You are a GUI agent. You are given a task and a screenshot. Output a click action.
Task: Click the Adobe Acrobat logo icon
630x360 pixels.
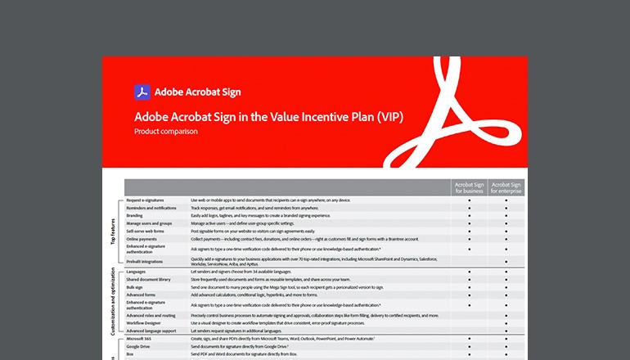[x=141, y=92]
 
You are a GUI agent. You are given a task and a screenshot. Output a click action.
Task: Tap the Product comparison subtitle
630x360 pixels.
[x=166, y=131]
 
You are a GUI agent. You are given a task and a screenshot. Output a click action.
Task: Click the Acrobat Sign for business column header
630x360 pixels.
[x=469, y=189]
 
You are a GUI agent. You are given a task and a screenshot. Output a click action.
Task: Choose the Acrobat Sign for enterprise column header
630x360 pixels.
[x=506, y=189]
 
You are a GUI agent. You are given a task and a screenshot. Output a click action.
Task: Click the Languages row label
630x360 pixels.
[x=137, y=271]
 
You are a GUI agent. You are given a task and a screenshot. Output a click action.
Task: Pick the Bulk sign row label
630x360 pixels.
[x=135, y=286]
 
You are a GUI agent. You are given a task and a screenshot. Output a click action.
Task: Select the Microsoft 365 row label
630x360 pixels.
[x=140, y=339]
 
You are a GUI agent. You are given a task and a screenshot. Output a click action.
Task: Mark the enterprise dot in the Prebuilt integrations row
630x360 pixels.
[x=506, y=262]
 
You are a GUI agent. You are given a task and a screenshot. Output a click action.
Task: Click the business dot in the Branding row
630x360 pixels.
[x=469, y=215]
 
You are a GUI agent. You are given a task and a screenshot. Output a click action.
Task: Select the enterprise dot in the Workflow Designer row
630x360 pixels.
[x=506, y=322]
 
